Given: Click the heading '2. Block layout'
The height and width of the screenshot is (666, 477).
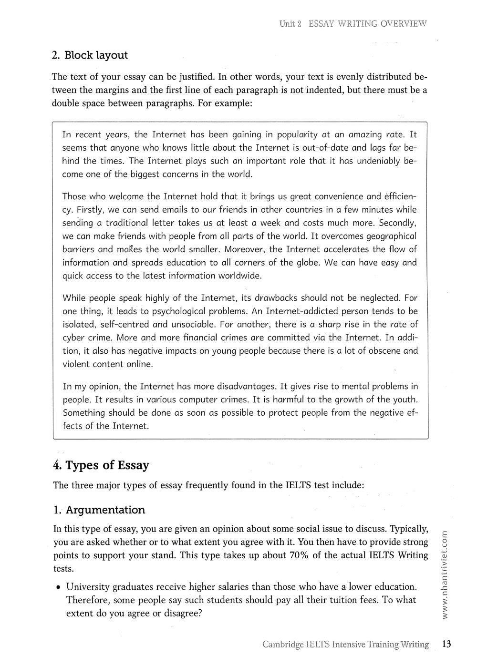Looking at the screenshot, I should click(90, 55).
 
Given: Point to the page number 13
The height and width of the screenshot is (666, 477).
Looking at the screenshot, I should click(446, 645).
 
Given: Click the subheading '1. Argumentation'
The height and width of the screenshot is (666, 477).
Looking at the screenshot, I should click(99, 510).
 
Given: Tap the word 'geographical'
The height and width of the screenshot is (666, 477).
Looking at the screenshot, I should click(387, 236).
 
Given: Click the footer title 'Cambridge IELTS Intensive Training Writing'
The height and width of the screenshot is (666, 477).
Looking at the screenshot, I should click(345, 645).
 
